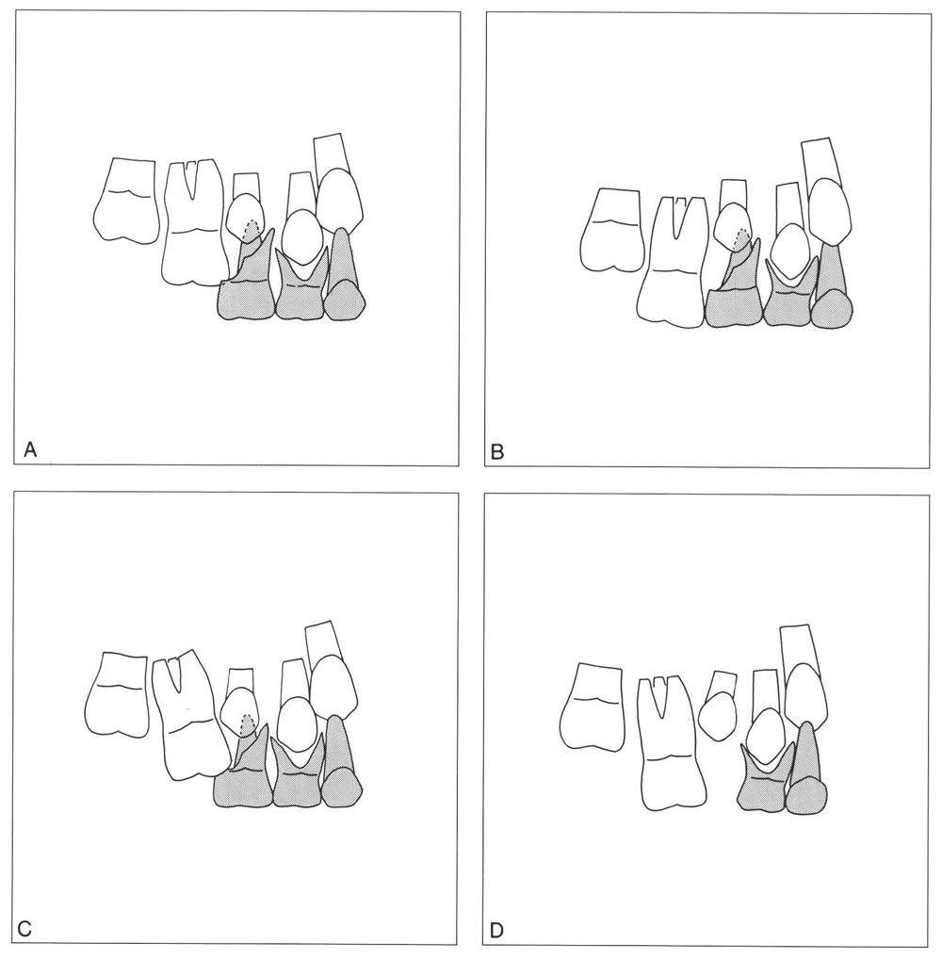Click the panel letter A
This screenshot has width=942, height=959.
(x=30, y=450)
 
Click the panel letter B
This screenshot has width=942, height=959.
(x=497, y=452)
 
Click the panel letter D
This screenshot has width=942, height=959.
(x=496, y=931)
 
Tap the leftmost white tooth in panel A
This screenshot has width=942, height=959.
(x=126, y=201)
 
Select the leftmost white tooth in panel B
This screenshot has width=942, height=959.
(x=611, y=229)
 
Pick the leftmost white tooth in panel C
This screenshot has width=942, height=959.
(x=117, y=695)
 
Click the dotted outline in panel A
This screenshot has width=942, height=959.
(x=250, y=229)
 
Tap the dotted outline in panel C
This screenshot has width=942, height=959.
(x=247, y=725)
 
